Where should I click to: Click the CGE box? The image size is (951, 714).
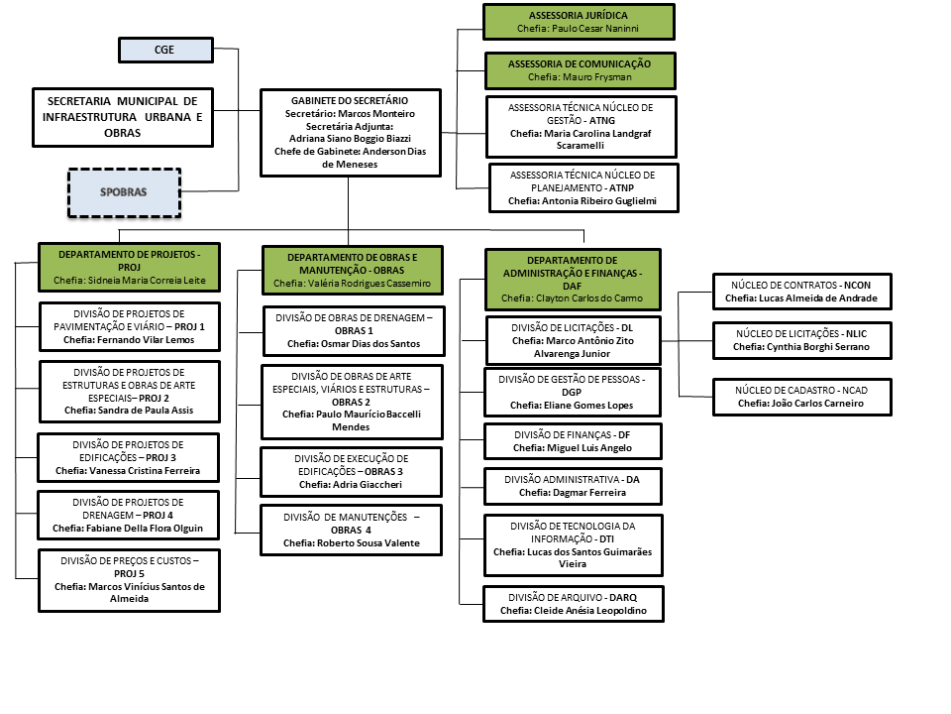(x=165, y=50)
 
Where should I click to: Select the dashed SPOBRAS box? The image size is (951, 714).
(x=124, y=192)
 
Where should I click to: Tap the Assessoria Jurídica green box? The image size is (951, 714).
(x=579, y=22)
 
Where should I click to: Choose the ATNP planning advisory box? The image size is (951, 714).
(x=584, y=187)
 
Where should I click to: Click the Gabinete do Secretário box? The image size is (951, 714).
(x=349, y=133)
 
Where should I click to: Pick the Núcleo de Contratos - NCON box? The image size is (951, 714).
(x=800, y=291)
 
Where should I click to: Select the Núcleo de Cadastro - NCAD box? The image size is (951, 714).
(x=800, y=397)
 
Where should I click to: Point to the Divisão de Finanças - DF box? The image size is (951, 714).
(x=573, y=441)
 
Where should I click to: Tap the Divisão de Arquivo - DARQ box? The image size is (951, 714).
(x=573, y=603)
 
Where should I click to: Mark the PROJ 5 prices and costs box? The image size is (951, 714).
(x=129, y=579)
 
